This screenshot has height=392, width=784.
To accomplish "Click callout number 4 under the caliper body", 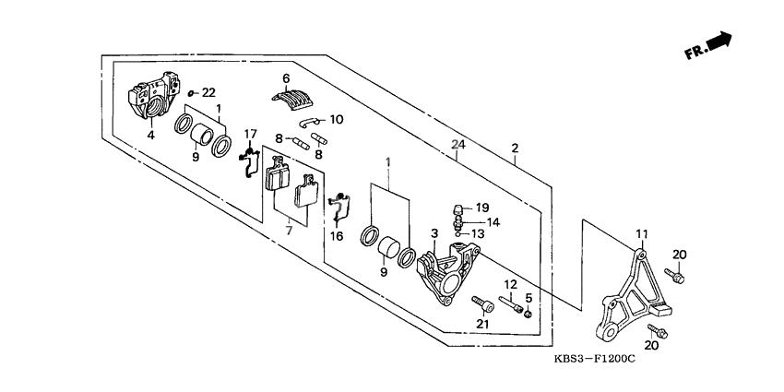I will [151, 136].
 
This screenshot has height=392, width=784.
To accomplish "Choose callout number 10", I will [335, 119].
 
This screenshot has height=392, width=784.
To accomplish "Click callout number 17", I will [250, 135].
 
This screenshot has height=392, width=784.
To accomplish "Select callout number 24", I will [457, 144].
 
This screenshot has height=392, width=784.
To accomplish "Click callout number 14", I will [493, 221].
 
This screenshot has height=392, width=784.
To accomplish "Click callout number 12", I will [509, 283].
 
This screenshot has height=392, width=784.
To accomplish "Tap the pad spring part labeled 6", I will [293, 95].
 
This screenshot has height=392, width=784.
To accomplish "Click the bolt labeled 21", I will [481, 303].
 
